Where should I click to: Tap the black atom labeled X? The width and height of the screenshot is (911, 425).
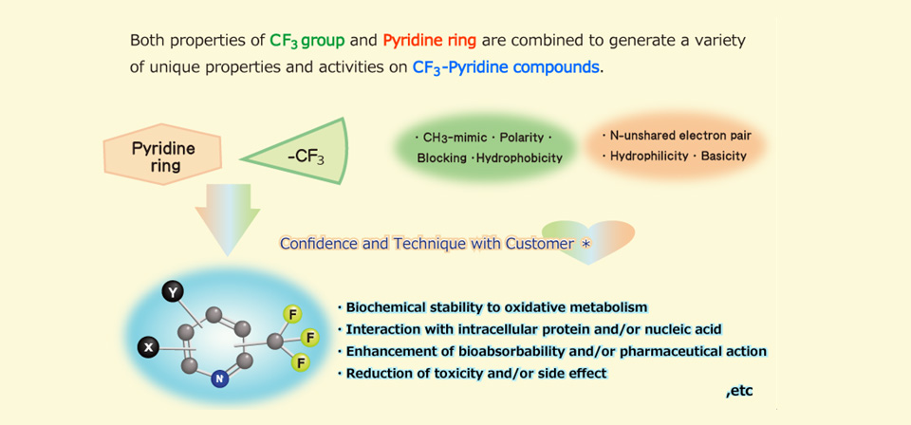pyautogui.click(x=148, y=347)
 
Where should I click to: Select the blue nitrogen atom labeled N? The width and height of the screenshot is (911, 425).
pyautogui.click(x=219, y=379)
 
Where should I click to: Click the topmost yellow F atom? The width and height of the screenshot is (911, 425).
pyautogui.click(x=292, y=314)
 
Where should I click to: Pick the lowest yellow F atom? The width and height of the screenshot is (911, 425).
pyautogui.click(x=301, y=362)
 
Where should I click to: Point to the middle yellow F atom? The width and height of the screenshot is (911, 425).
pyautogui.click(x=309, y=337)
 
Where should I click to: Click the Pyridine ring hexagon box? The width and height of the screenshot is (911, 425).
pyautogui.click(x=162, y=155)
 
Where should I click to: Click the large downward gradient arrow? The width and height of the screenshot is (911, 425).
pyautogui.click(x=228, y=219)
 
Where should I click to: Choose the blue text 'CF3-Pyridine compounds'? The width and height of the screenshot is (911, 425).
pyautogui.click(x=506, y=67)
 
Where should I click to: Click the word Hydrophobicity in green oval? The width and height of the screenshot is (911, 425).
pyautogui.click(x=519, y=157)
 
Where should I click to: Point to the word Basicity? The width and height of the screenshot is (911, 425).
pyautogui.click(x=723, y=157)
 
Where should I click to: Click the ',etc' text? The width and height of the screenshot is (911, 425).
pyautogui.click(x=738, y=392)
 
